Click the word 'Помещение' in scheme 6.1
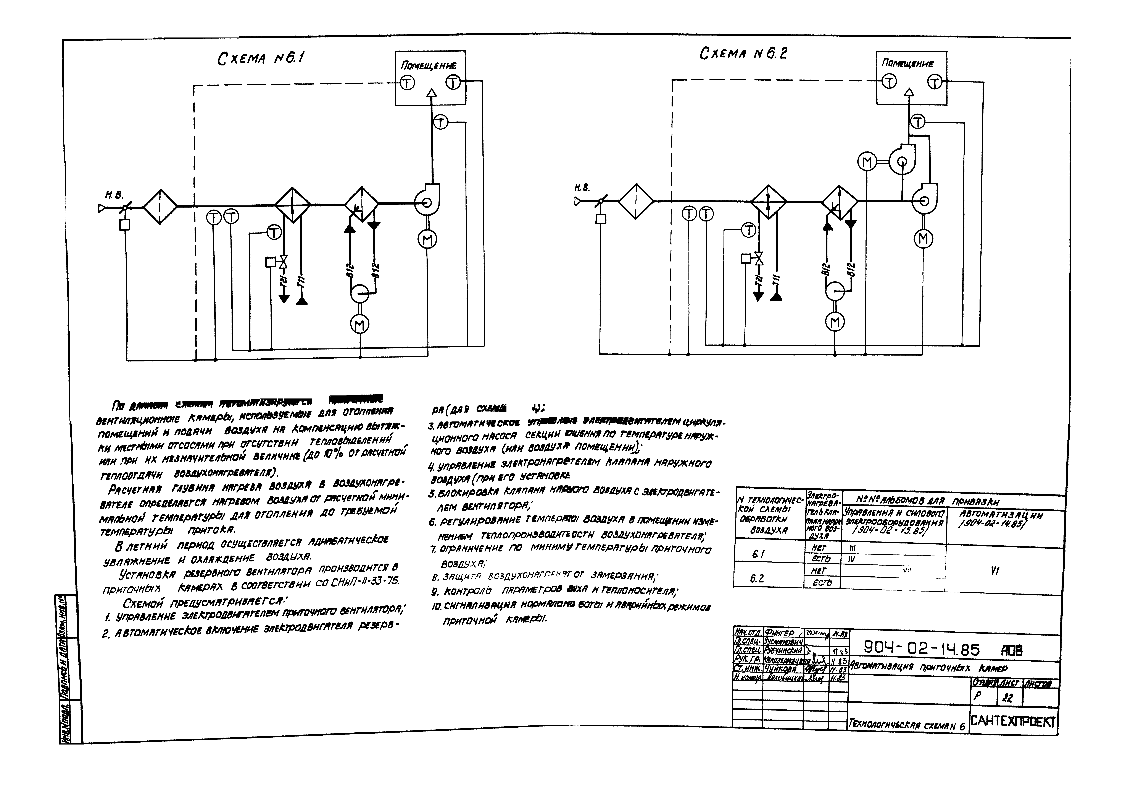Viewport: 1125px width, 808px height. pyautogui.click(x=429, y=65)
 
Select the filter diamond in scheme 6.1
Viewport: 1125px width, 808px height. pyautogui.click(x=160, y=206)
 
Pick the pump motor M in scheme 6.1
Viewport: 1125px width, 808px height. pyautogui.click(x=360, y=325)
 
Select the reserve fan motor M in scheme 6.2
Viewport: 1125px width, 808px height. pyautogui.click(x=867, y=162)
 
